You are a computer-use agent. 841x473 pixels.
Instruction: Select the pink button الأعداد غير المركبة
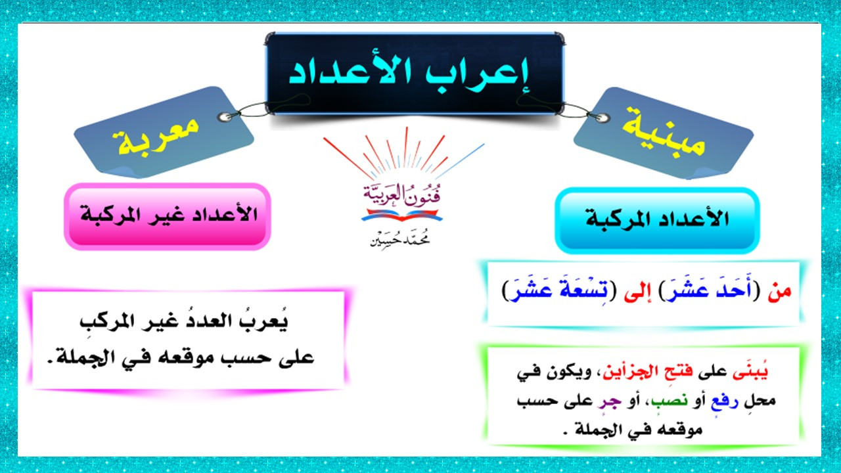coord(168,217)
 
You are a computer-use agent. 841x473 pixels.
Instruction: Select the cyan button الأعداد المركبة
coord(657,220)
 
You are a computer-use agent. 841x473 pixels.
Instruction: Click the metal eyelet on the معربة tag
coord(225,117)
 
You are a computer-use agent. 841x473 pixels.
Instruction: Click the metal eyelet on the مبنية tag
coord(602,118)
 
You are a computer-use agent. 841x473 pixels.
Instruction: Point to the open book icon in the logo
coord(401,215)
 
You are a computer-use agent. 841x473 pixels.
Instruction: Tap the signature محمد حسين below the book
coord(400,238)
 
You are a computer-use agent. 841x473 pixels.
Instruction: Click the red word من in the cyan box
coord(779,292)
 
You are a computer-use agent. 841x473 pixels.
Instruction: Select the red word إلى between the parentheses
coord(637,292)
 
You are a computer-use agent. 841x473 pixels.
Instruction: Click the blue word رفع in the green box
coord(725,401)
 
